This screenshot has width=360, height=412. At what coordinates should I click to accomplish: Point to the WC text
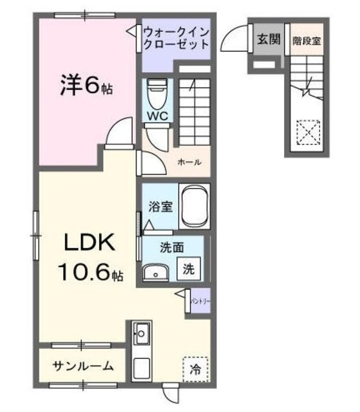click(x=158, y=117)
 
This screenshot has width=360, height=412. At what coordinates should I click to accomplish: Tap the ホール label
click(x=189, y=162)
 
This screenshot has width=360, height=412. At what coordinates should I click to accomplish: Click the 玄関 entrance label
click(x=269, y=39)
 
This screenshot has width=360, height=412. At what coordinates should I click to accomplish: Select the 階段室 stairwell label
click(x=306, y=39)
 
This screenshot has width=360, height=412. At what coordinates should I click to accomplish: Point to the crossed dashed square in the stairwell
click(x=307, y=135)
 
